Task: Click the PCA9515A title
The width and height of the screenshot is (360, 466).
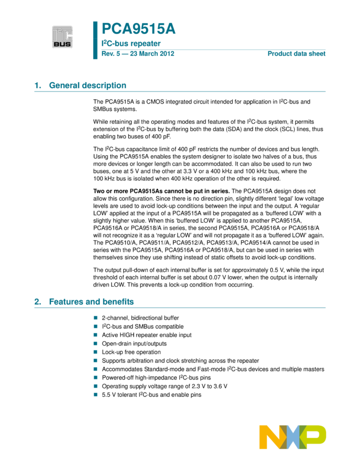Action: pos(139,29)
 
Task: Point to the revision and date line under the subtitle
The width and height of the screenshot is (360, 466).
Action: pos(138,54)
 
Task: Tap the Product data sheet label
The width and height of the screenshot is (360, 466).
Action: pos(296,54)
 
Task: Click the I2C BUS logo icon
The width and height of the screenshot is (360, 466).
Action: pos(62,37)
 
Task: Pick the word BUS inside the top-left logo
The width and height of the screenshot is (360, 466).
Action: pos(62,44)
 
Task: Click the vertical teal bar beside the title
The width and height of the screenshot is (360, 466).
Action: pos(95,40)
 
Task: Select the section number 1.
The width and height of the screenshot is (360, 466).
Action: pos(37,86)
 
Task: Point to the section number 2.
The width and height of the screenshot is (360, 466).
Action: pos(37,302)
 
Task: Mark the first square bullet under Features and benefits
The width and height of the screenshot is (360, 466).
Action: pos(95,317)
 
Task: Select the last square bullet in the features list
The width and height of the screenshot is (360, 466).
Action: pos(95,395)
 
